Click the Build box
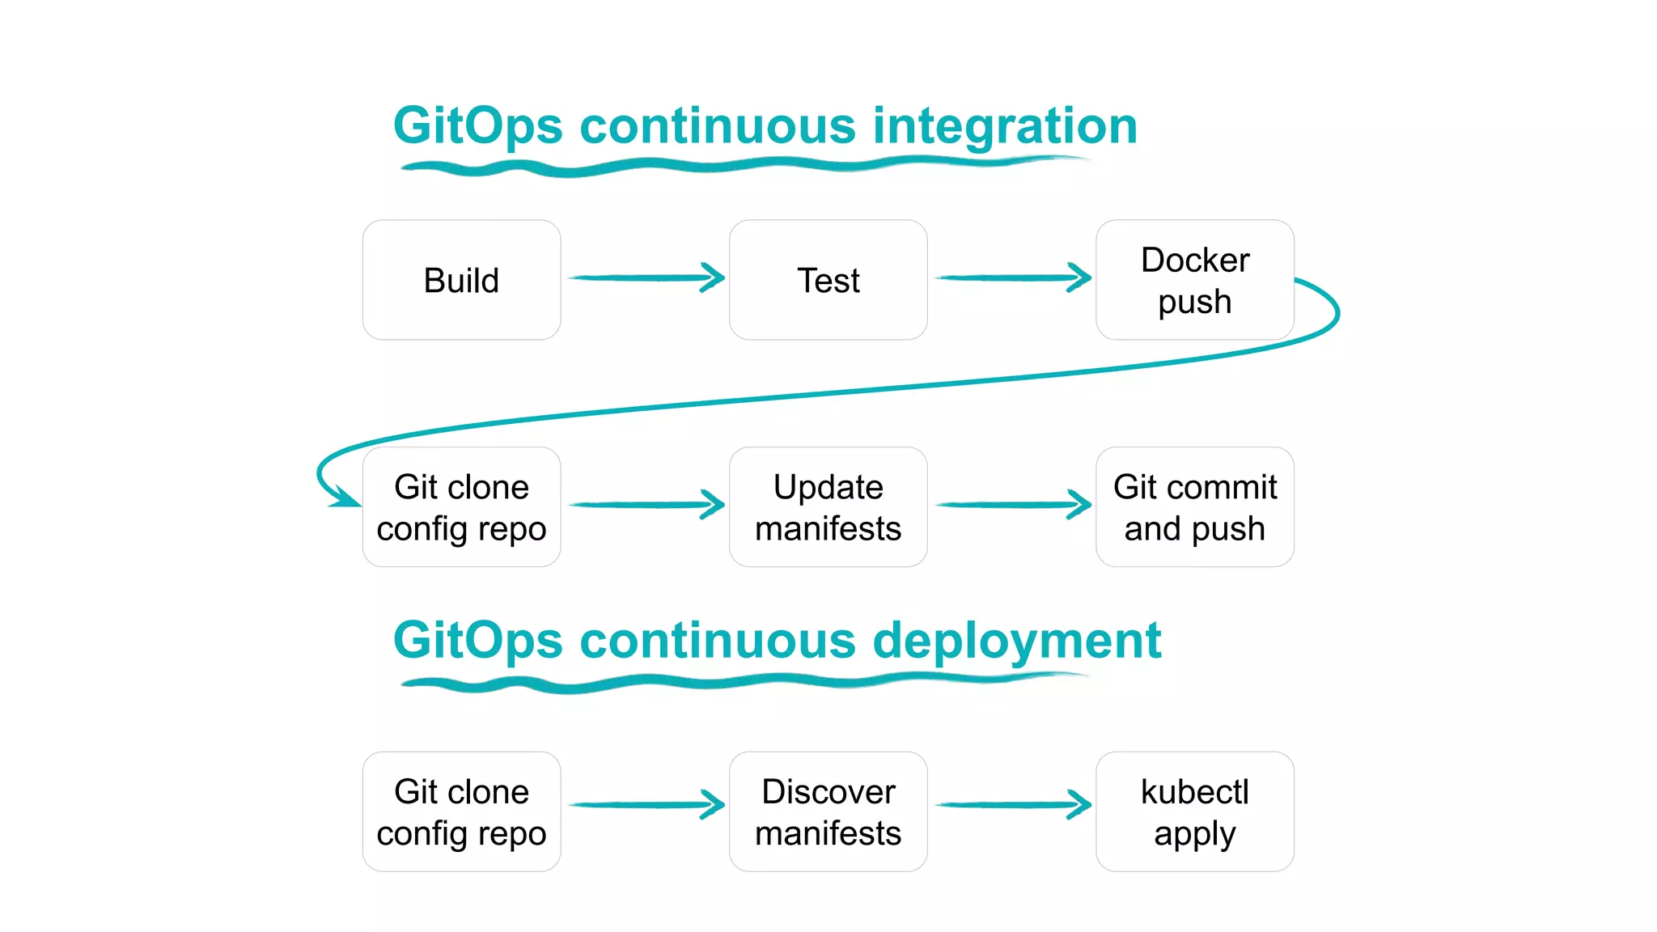tap(461, 280)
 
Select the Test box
tap(828, 280)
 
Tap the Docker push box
tap(1194, 280)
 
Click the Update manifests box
tap(828, 507)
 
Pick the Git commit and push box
tap(1194, 507)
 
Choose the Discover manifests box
tap(828, 811)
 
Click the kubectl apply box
tap(1194, 811)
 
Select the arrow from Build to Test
tap(646, 277)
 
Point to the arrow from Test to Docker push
tap(1012, 277)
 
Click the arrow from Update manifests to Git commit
tap(1012, 505)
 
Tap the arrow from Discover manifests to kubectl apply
tap(1012, 804)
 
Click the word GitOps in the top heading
tap(477, 127)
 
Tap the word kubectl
tap(1194, 791)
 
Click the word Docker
tap(1194, 261)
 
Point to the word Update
tap(828, 487)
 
